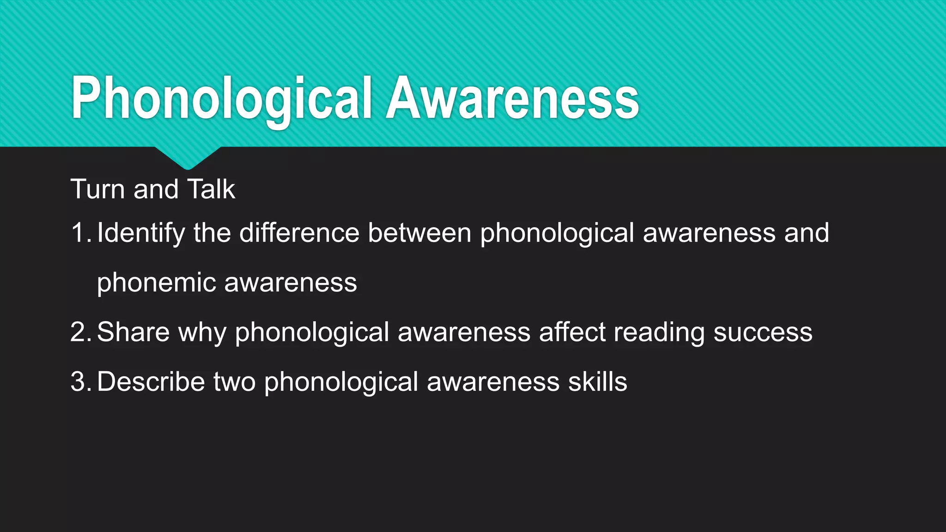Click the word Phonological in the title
pos(221,98)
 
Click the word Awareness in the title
pos(512,98)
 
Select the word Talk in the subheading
pos(211,189)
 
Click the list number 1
pos(79,233)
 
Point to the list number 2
pos(79,332)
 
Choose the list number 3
pos(79,382)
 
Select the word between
pos(419,233)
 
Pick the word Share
pos(133,332)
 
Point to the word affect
pos(572,332)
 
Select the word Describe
pos(151,382)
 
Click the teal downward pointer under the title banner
pos(188,157)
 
